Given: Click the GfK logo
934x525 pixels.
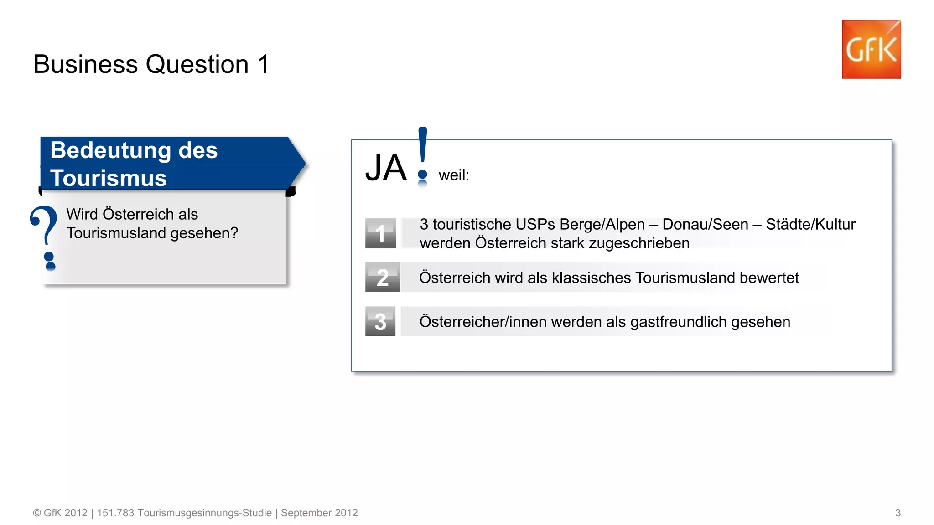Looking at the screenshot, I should (x=871, y=49).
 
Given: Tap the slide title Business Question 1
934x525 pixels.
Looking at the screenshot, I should (x=151, y=64).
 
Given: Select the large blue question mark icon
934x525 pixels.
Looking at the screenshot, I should (x=45, y=237).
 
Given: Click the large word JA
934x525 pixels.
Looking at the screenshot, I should (x=386, y=168).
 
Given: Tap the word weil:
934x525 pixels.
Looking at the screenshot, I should (x=454, y=175).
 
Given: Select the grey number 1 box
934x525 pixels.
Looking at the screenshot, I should (x=380, y=233).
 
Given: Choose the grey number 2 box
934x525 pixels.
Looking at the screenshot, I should (x=382, y=277).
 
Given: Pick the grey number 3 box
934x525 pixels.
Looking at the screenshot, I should (x=380, y=321).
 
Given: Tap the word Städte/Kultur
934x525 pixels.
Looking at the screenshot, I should (x=810, y=225).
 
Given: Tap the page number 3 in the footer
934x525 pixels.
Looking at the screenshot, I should (x=898, y=513).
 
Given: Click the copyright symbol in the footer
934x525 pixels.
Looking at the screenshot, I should (x=37, y=513).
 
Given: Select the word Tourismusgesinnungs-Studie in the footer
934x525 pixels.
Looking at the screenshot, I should (x=204, y=513).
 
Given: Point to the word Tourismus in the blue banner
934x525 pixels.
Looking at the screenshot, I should (x=109, y=178).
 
